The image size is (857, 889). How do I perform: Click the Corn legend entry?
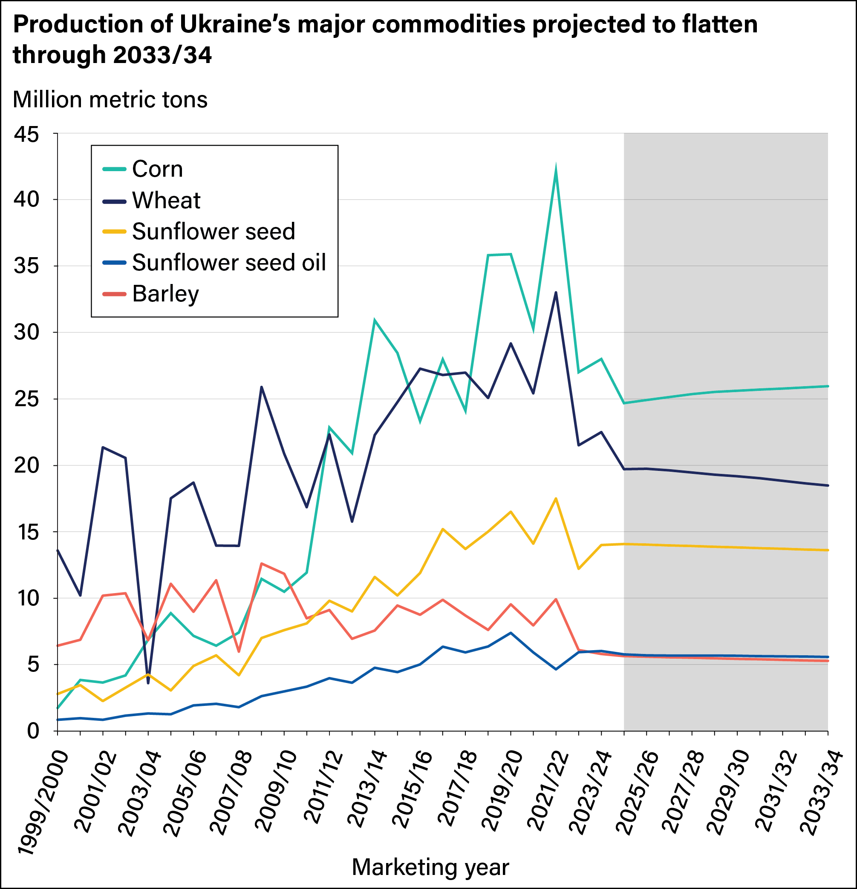[x=157, y=169]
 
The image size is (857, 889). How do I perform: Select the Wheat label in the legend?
[x=166, y=201]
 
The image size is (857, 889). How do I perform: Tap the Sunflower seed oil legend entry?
[x=228, y=263]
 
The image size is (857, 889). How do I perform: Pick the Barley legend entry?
[x=165, y=294]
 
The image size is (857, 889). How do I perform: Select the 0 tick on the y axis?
[x=33, y=731]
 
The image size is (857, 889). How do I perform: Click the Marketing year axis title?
[x=430, y=867]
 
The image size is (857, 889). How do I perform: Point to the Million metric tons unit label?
[x=110, y=99]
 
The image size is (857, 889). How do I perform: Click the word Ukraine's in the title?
[x=235, y=25]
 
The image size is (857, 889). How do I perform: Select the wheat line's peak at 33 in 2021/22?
[x=556, y=293]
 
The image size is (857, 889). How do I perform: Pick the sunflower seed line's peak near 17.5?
[x=556, y=499]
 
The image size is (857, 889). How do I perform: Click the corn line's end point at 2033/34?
[x=828, y=386]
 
